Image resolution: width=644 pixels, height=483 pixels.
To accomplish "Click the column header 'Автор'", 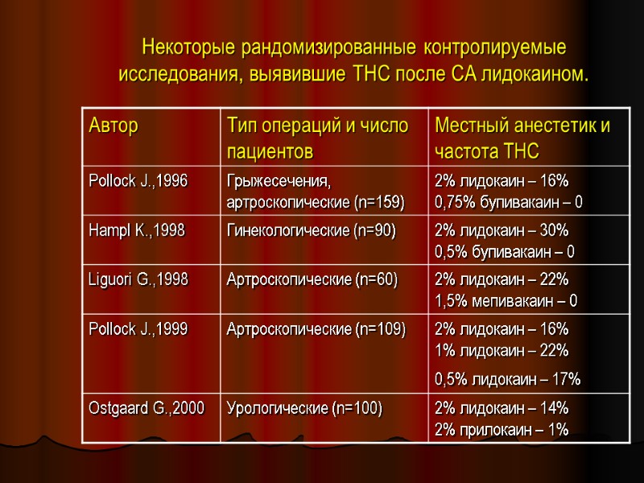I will pos(114,126).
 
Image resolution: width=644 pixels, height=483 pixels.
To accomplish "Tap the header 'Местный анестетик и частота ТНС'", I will pos(522,138).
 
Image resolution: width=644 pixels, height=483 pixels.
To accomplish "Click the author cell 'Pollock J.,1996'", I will pos(138,180).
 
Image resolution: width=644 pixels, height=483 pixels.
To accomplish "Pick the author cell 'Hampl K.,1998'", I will pos(136,230).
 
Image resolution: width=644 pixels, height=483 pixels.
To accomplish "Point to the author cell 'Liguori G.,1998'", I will pos(138,279).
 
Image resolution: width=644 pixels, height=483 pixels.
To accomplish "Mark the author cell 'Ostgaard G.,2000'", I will pos(146,408).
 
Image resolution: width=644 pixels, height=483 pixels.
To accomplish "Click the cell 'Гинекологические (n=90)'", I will pos(312,230).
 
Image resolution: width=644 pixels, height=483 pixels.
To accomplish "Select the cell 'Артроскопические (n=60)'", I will pos(312,279).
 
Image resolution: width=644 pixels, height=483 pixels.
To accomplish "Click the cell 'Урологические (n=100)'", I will pos(305,408).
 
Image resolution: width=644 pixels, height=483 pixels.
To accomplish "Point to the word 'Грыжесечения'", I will pos(279,180).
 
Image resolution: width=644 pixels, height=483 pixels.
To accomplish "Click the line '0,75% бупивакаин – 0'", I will pos(508,201).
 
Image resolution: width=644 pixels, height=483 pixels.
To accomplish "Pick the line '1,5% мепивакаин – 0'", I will pos(506,301).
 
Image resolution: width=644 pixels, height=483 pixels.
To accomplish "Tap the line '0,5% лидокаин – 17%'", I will pos(507,378).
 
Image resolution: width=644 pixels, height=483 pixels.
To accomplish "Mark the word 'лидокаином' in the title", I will pos(534,75).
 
